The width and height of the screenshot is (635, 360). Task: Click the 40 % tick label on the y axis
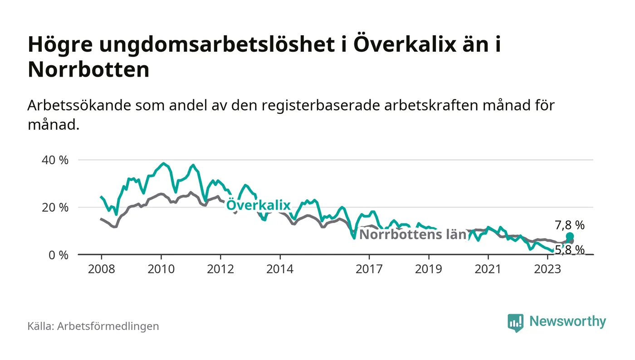point(55,160)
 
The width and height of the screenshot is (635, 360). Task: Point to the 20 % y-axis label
point(55,208)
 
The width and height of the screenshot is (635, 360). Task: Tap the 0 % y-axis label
point(58,255)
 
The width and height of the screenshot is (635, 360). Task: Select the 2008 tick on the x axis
point(101,269)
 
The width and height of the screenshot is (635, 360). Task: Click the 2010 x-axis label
point(161,269)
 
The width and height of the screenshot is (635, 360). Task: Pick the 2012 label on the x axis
point(220,269)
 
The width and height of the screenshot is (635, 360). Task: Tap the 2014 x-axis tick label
point(280,269)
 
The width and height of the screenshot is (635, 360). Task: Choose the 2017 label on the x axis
point(369,269)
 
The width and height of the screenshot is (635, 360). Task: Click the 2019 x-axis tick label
point(429,269)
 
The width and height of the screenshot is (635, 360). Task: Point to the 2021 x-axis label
point(488,269)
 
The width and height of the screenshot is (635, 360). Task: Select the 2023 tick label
point(547,269)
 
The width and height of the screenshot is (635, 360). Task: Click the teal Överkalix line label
point(258,205)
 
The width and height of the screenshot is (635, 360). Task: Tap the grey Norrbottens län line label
point(413,235)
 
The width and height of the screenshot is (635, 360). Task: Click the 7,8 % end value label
point(570,225)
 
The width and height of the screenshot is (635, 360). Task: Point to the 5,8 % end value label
point(570,249)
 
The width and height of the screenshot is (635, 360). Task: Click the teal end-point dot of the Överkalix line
point(570,236)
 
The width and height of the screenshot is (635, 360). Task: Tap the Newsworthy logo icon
point(515,322)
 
